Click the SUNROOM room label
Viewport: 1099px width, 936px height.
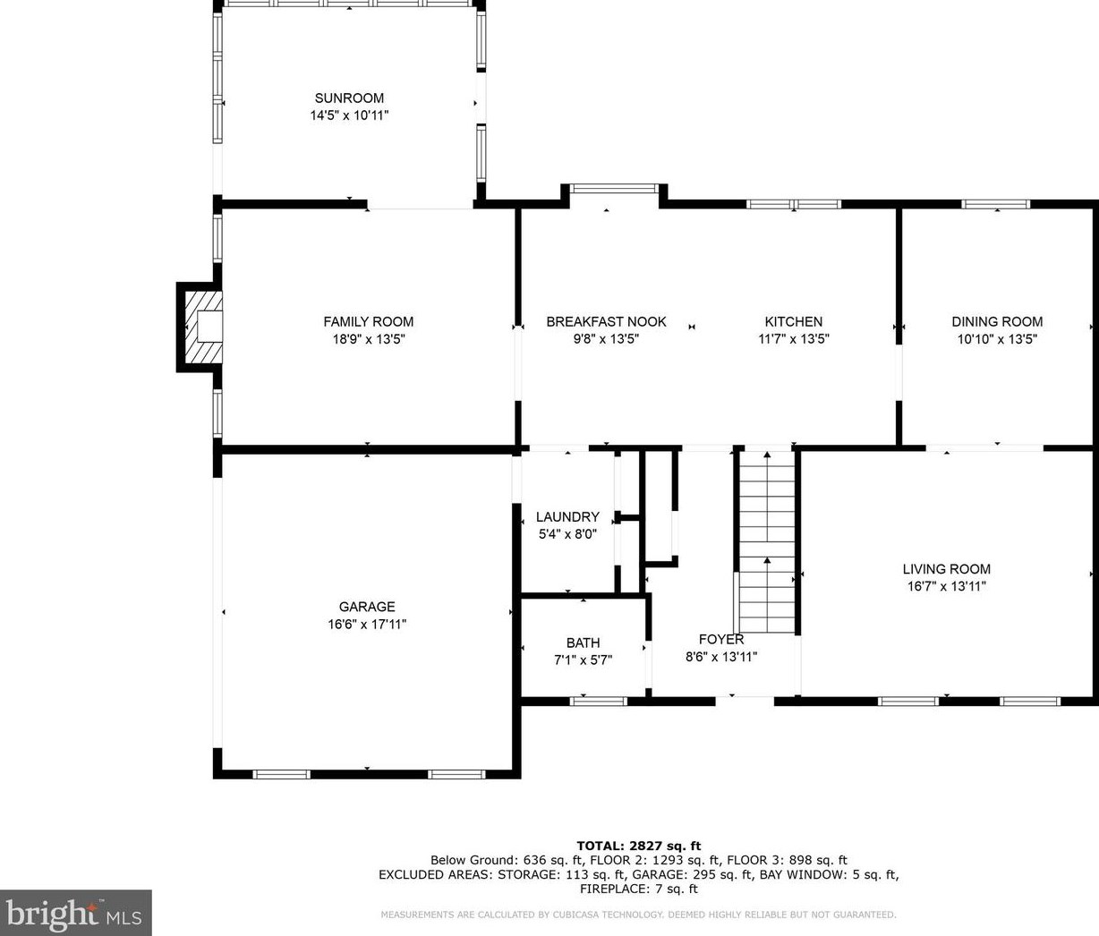pos(349,98)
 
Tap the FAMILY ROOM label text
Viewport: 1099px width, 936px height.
pos(368,321)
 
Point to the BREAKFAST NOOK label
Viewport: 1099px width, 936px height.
pos(606,321)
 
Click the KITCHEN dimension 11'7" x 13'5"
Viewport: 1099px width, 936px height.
pos(793,338)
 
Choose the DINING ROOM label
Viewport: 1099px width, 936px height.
pos(997,321)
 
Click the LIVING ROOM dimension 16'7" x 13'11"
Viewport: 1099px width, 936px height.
pos(946,586)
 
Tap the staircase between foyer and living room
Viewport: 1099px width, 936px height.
pos(767,541)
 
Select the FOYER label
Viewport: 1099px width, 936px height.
pos(721,639)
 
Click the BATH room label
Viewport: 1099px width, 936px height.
pos(583,643)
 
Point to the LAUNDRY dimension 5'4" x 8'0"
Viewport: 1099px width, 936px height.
pos(567,534)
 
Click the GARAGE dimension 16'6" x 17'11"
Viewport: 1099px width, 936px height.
pos(367,624)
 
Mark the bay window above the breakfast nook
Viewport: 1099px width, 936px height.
pos(614,188)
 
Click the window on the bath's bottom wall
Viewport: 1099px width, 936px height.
pos(598,702)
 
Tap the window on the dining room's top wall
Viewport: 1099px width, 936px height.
pos(995,204)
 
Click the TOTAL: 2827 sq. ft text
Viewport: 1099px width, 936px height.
pos(639,847)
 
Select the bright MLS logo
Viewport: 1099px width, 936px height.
pos(75,913)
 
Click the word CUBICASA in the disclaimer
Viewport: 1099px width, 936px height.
pos(583,915)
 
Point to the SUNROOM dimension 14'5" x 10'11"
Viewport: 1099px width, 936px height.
pos(349,115)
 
